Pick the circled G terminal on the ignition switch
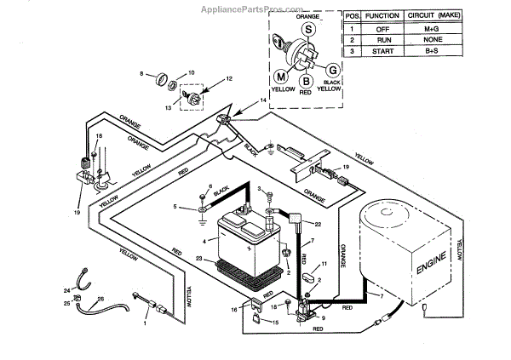(x=334, y=70)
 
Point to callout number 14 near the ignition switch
(x=262, y=101)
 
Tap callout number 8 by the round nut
(x=143, y=75)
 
